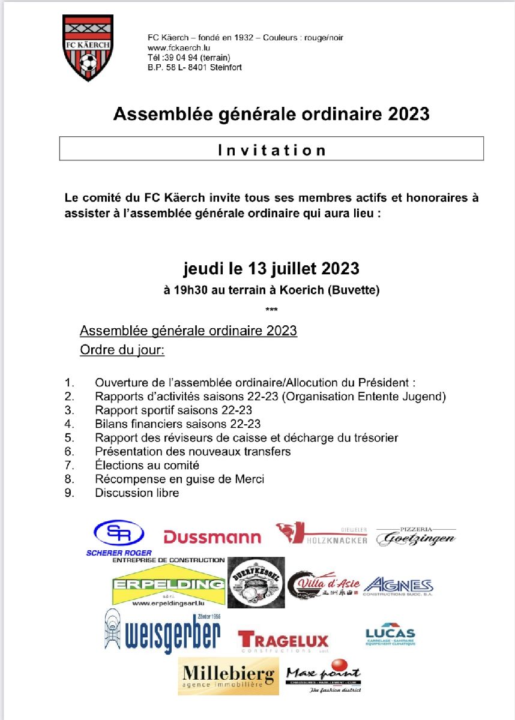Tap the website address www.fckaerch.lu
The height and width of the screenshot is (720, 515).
178,48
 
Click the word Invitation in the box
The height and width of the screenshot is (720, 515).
271,149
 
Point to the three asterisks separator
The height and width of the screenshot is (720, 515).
271,310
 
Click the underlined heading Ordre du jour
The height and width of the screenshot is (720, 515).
122,350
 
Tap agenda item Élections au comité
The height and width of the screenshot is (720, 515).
147,465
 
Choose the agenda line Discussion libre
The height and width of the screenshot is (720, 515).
137,493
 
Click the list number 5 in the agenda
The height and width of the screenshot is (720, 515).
70,437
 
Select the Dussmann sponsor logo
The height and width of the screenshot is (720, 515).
212,537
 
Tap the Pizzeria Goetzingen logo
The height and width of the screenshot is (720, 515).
415,536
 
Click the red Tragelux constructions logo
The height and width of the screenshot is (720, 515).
283,640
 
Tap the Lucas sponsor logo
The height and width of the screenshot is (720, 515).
390,635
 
